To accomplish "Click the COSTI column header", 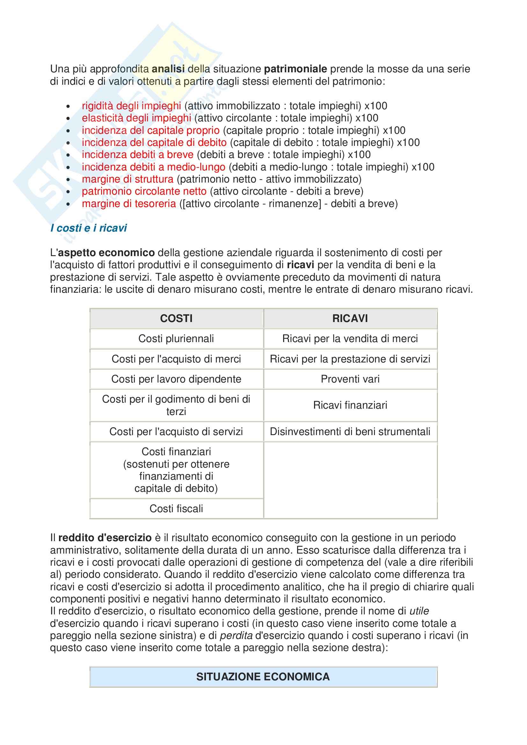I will [176, 318].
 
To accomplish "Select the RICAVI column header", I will [350, 318].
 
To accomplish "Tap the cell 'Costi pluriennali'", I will [176, 339].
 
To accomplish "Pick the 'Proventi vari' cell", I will [350, 379].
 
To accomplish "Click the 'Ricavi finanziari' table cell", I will [350, 405].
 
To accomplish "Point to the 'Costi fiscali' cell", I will [176, 508].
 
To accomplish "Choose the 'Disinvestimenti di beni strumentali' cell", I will [350, 432].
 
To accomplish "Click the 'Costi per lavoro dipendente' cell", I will [176, 379].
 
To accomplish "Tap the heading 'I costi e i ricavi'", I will [88, 228].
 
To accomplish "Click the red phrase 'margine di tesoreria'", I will [128, 204].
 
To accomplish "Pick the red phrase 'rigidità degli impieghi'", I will [131, 106].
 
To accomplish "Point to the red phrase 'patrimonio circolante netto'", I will [144, 191].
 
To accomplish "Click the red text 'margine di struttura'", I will [128, 179].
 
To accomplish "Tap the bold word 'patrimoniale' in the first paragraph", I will [295, 69].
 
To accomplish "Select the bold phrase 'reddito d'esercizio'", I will [105, 538].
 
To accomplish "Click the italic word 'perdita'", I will [236, 636].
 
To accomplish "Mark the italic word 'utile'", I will [419, 611].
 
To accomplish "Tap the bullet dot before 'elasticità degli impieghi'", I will [68, 119].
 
